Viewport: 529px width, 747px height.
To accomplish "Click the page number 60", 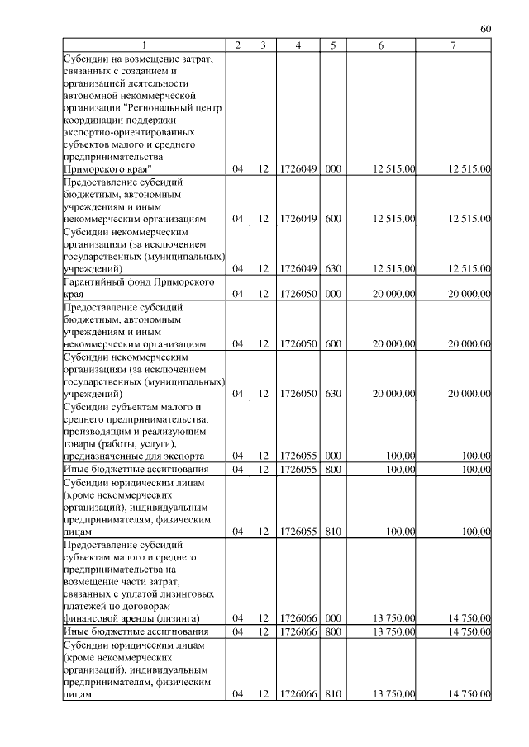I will tap(486, 30).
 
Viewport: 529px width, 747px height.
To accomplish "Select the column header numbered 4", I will tap(298, 45).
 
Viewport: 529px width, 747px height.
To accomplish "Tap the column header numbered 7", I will tap(454, 45).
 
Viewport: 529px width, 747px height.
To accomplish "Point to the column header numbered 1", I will tap(144, 45).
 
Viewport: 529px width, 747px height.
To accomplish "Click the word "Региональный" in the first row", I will tap(160, 107).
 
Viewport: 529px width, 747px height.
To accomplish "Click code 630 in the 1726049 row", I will tap(333, 268).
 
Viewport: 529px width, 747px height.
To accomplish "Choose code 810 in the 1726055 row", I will tap(333, 532).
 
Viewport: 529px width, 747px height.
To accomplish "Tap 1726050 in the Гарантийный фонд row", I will tap(298, 294).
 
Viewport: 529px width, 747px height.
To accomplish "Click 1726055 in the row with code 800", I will tap(298, 470).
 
